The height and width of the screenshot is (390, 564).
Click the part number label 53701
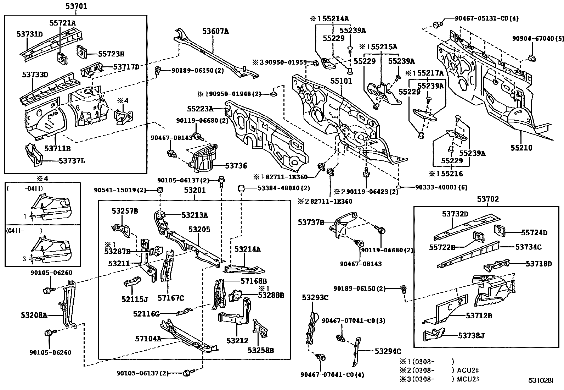76,6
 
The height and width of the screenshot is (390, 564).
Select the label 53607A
215,31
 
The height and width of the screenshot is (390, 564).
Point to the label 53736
236,166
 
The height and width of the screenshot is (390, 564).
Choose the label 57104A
148,339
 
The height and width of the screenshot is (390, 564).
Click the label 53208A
34,315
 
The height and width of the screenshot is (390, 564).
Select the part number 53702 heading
488,199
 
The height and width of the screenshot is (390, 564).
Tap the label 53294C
388,351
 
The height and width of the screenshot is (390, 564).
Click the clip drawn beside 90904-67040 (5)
531,58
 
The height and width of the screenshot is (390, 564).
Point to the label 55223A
200,109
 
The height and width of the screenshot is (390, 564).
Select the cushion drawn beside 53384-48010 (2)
241,188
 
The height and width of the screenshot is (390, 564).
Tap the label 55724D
534,233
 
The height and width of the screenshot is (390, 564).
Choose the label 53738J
471,335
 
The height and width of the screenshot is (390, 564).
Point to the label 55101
341,81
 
